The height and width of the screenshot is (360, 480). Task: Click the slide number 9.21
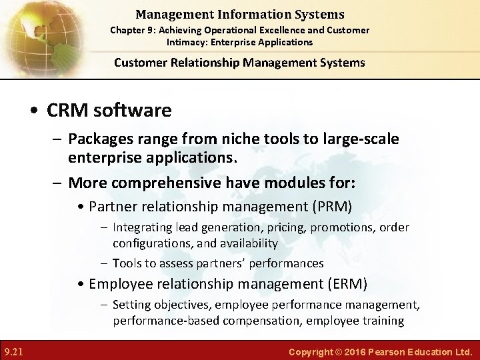13,351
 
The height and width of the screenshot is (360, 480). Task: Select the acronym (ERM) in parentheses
346,285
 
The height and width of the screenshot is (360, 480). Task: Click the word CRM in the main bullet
69,110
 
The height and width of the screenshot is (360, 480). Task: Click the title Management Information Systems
239,14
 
